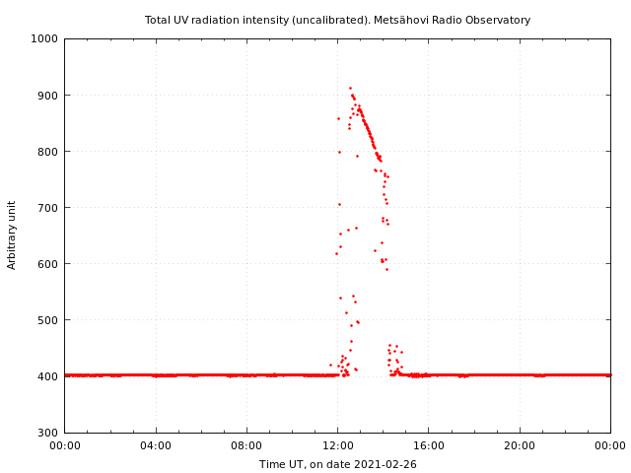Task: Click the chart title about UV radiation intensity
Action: [337, 20]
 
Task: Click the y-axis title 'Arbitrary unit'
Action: [12, 235]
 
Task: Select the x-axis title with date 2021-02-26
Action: [337, 464]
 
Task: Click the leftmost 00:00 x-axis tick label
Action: [64, 444]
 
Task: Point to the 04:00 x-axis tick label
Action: [156, 444]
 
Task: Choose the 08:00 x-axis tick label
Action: [246, 444]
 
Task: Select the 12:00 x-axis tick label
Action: [337, 444]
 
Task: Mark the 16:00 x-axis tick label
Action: [429, 444]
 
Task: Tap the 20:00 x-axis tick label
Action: [520, 444]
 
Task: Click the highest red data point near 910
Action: [350, 88]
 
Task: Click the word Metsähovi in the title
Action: [420, 20]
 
